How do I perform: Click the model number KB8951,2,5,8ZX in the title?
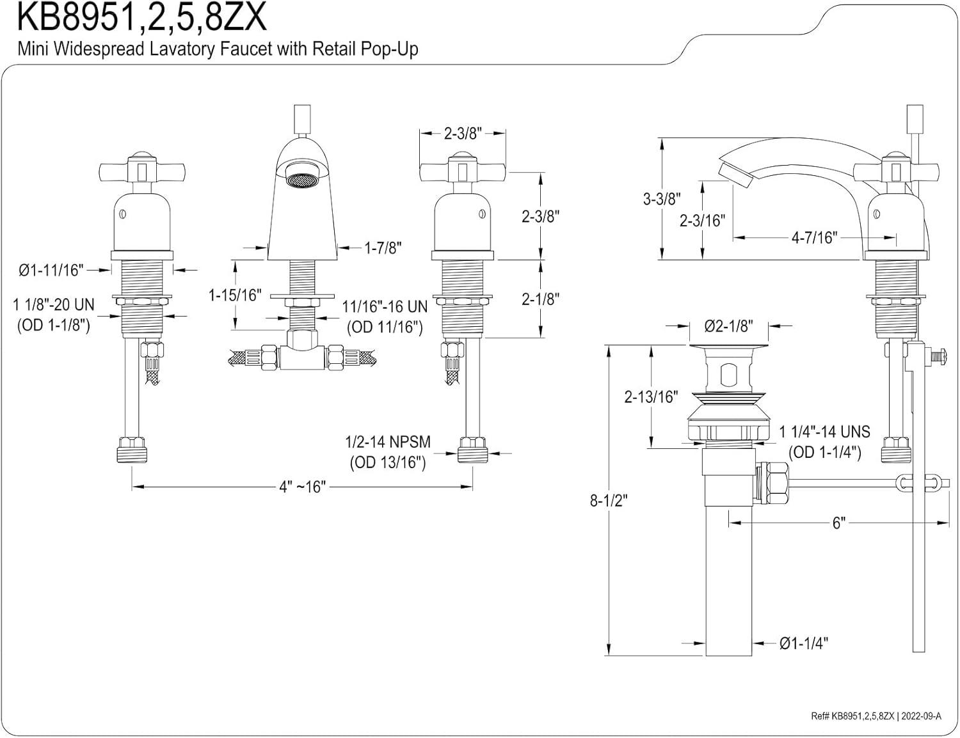(x=141, y=18)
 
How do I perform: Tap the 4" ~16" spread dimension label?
(x=302, y=487)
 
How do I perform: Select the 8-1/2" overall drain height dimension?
(x=609, y=501)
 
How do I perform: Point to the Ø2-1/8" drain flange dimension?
(x=728, y=326)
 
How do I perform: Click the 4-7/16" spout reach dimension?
(x=814, y=238)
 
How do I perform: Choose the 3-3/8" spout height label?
(x=662, y=199)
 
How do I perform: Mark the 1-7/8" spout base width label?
(x=383, y=248)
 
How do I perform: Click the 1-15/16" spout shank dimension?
(x=236, y=295)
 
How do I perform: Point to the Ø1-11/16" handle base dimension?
(x=51, y=271)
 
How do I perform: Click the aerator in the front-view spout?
(x=299, y=182)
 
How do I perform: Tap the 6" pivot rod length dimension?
(x=838, y=523)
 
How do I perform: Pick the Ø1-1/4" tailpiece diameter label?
(x=803, y=643)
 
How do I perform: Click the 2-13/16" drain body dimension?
(x=650, y=397)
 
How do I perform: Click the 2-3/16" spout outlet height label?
(x=702, y=221)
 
